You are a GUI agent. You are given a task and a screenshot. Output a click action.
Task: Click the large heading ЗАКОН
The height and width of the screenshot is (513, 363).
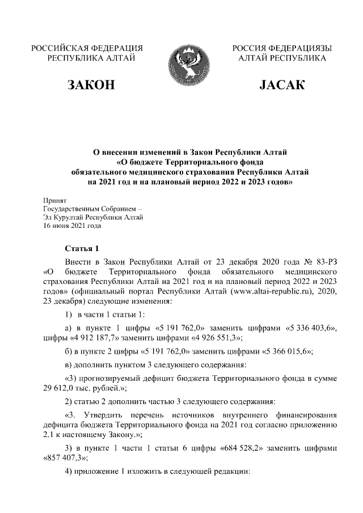pos(91,86)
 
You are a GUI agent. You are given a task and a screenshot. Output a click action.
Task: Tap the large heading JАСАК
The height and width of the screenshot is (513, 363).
pos(282,86)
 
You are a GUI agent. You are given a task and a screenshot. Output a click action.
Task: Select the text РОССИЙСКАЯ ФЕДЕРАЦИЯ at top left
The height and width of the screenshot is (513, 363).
pos(87,48)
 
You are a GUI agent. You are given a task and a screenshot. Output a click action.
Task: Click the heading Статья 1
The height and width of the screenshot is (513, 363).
pos(82,248)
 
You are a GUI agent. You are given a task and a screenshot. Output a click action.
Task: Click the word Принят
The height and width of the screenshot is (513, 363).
pos(56,200)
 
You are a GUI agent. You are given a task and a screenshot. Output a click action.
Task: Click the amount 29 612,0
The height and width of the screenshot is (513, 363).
pos(60,388)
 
